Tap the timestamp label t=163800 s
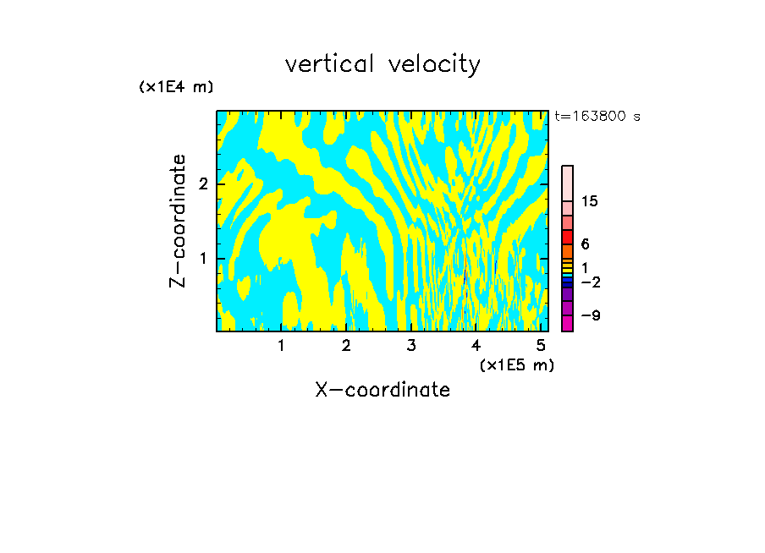click(x=597, y=117)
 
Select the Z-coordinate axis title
click(x=178, y=221)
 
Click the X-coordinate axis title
click(x=382, y=390)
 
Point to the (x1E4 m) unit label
click(x=176, y=87)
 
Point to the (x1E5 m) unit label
click(x=516, y=364)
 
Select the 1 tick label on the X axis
click(x=281, y=346)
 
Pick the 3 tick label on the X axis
click(x=411, y=346)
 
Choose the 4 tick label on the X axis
click(x=476, y=346)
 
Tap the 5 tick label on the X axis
click(x=541, y=346)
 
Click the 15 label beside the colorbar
click(x=590, y=202)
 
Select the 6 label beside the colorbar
click(x=585, y=244)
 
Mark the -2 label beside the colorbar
click(x=590, y=282)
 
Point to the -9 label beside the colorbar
click(x=590, y=315)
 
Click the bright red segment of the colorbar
click(x=567, y=238)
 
